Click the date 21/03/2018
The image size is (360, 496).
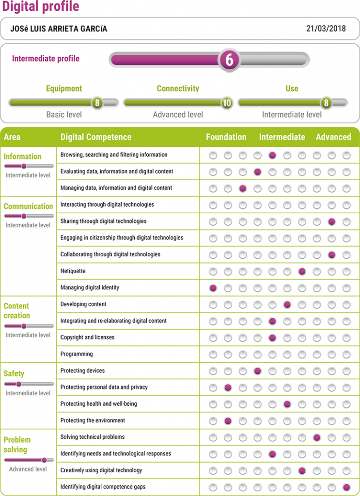pyautogui.click(x=326, y=29)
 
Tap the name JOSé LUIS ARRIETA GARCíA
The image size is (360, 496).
pyautogui.click(x=59, y=29)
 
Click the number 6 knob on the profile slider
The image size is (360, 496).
pyautogui.click(x=229, y=60)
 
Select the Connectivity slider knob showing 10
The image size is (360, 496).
pyautogui.click(x=226, y=103)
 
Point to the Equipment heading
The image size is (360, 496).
pyautogui.click(x=64, y=89)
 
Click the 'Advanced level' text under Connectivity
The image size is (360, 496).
pyautogui.click(x=178, y=115)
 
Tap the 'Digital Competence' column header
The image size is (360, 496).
pyautogui.click(x=96, y=137)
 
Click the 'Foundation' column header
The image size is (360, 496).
pyautogui.click(x=226, y=137)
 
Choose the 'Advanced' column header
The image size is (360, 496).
pyautogui.click(x=333, y=137)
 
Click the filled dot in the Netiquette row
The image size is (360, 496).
pyautogui.click(x=302, y=271)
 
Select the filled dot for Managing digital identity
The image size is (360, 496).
pyautogui.click(x=213, y=288)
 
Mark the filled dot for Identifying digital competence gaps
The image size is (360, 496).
pyautogui.click(x=346, y=487)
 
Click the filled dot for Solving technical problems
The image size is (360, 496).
pyautogui.click(x=317, y=437)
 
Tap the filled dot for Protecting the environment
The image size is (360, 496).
pyautogui.click(x=228, y=420)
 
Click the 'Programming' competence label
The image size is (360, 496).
pyautogui.click(x=77, y=354)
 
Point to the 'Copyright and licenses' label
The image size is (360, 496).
pyautogui.click(x=87, y=337)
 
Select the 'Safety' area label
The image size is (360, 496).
pyautogui.click(x=14, y=373)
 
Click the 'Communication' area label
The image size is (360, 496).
pyautogui.click(x=29, y=206)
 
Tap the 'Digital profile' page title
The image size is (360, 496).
pyautogui.click(x=41, y=7)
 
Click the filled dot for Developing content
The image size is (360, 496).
pyautogui.click(x=287, y=305)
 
